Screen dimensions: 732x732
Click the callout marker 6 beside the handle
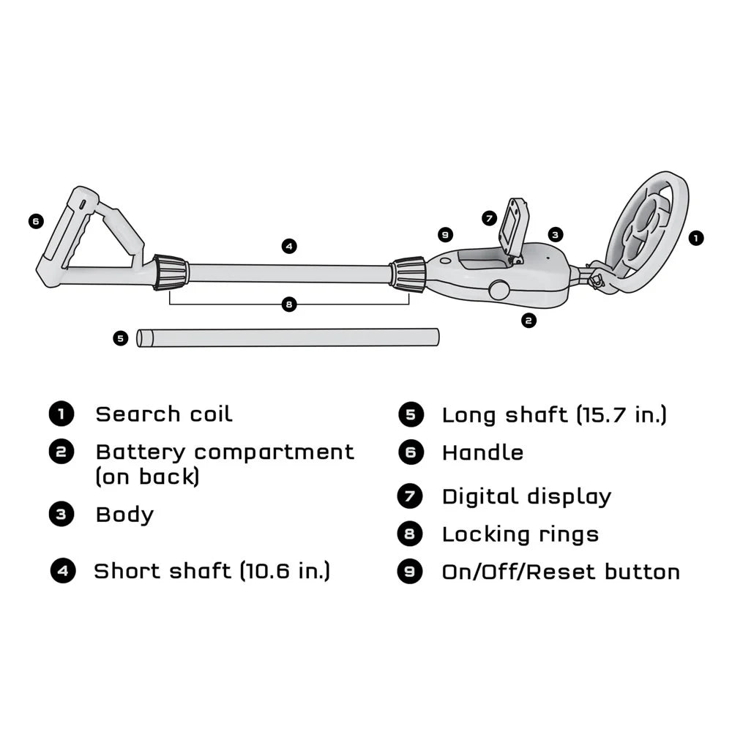[x=37, y=220]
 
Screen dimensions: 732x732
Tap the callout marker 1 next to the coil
[x=696, y=237]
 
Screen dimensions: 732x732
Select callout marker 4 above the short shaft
[x=290, y=246]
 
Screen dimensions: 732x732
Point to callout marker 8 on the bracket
[x=290, y=305]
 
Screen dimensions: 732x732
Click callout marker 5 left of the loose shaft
[x=122, y=337]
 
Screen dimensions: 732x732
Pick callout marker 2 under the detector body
[x=529, y=320]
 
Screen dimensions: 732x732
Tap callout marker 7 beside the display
[x=490, y=217]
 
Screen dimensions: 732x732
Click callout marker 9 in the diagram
[x=445, y=234]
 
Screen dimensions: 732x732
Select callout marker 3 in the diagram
[x=556, y=234]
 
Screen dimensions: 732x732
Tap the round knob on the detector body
[x=499, y=290]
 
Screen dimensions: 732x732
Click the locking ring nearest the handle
[x=170, y=272]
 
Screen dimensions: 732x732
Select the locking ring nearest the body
[x=408, y=274]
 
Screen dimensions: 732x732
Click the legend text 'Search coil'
[x=164, y=414]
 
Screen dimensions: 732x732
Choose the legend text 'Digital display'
[x=526, y=496]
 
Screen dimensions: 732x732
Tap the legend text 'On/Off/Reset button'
[x=561, y=572]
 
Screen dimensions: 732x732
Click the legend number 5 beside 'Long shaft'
[x=411, y=414]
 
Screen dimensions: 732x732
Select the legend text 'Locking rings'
[x=520, y=534]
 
